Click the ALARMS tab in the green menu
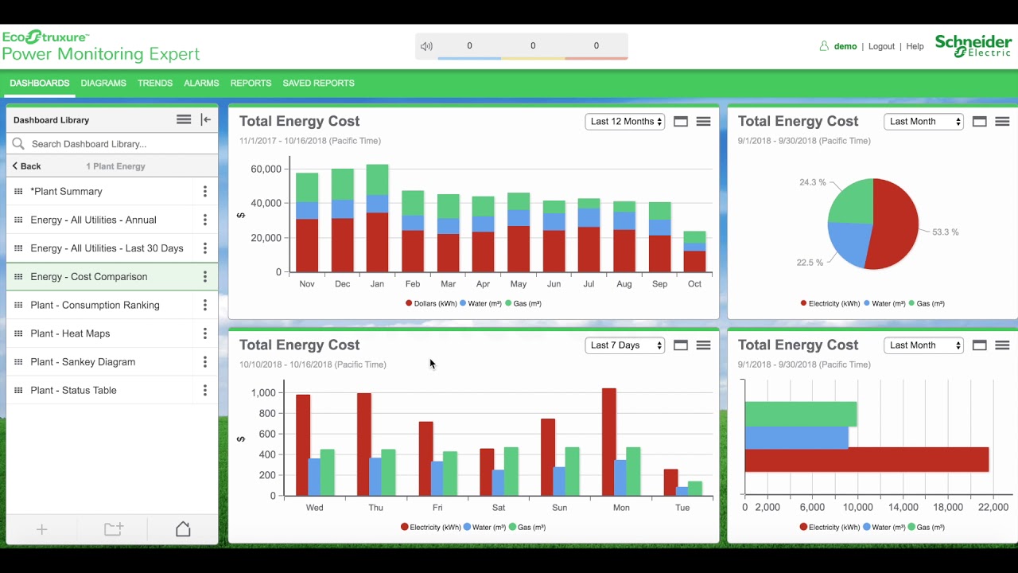[x=201, y=83]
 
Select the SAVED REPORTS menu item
[x=318, y=83]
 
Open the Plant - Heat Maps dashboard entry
[x=70, y=333]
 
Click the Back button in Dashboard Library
[x=27, y=166]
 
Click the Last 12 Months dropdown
[x=625, y=122]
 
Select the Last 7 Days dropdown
[x=625, y=345]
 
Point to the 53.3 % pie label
[x=945, y=232]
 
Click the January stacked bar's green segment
[x=377, y=180]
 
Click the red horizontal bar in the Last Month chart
[x=866, y=459]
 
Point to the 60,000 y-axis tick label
[x=266, y=169]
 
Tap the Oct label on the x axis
[x=694, y=284]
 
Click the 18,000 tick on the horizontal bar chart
[x=949, y=508]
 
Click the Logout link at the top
[x=881, y=47]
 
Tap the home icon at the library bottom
[x=183, y=529]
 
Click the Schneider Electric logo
[x=973, y=46]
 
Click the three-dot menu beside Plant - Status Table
[x=205, y=391]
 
